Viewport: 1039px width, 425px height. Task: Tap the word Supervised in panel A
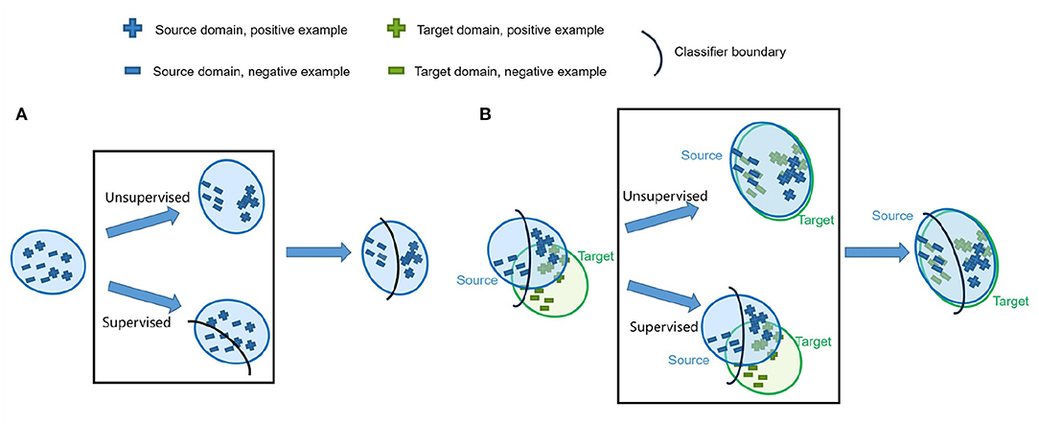(x=137, y=320)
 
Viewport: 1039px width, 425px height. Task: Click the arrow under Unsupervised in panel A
(x=142, y=224)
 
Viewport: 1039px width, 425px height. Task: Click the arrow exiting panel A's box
(x=315, y=252)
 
